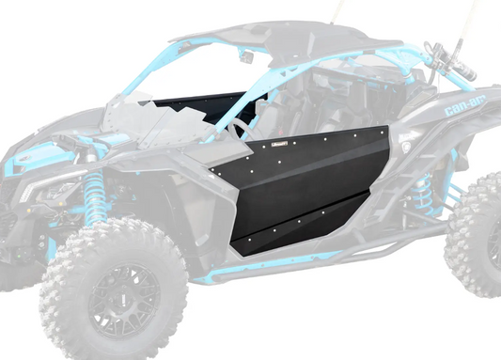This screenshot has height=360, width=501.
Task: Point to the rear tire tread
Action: [x=475, y=235]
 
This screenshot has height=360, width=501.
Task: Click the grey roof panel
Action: [x=263, y=33]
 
